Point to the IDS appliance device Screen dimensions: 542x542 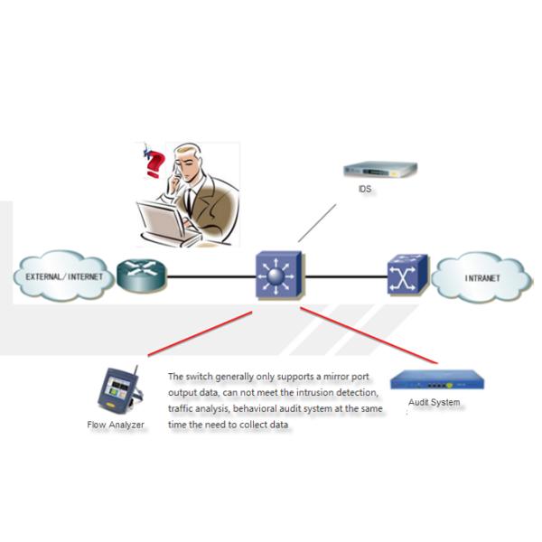[380, 170]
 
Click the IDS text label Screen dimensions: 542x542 [365, 192]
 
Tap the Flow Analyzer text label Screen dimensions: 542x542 [116, 425]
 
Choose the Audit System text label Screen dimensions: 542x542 [434, 402]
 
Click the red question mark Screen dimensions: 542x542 [154, 166]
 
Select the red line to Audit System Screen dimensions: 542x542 [370, 334]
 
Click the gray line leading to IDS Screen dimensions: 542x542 [317, 222]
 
